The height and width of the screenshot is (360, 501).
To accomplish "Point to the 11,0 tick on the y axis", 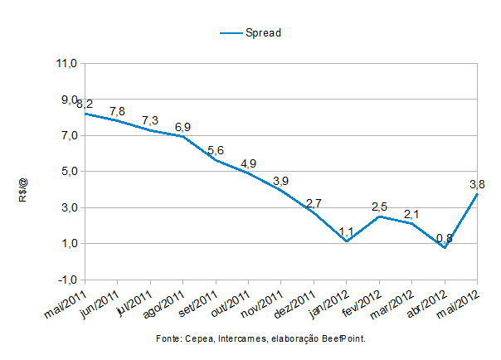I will tap(67, 63).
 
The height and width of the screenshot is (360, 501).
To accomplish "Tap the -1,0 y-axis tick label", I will tap(67, 280).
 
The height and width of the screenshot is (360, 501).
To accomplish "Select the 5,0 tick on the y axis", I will tap(67, 172).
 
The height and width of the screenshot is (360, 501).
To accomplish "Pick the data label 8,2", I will tap(84, 104).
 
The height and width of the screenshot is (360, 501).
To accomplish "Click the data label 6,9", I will tap(182, 127).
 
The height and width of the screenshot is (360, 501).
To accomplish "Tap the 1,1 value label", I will tap(346, 231).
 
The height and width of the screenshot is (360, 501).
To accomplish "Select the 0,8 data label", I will tap(444, 238).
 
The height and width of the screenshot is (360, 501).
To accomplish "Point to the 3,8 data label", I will tap(476, 184).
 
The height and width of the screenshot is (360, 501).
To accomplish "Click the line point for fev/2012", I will tap(379, 216).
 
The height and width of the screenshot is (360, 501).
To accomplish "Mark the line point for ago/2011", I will tap(182, 136).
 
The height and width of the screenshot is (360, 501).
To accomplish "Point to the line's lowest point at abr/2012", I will tap(445, 247).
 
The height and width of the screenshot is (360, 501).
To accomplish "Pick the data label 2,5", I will tap(379, 206).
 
